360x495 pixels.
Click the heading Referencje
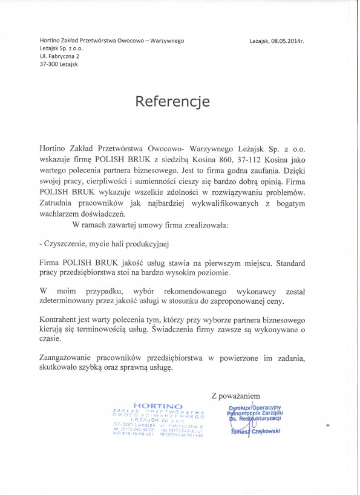(x=172, y=101)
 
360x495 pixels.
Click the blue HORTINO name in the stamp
(x=157, y=406)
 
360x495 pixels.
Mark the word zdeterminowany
(x=70, y=300)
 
